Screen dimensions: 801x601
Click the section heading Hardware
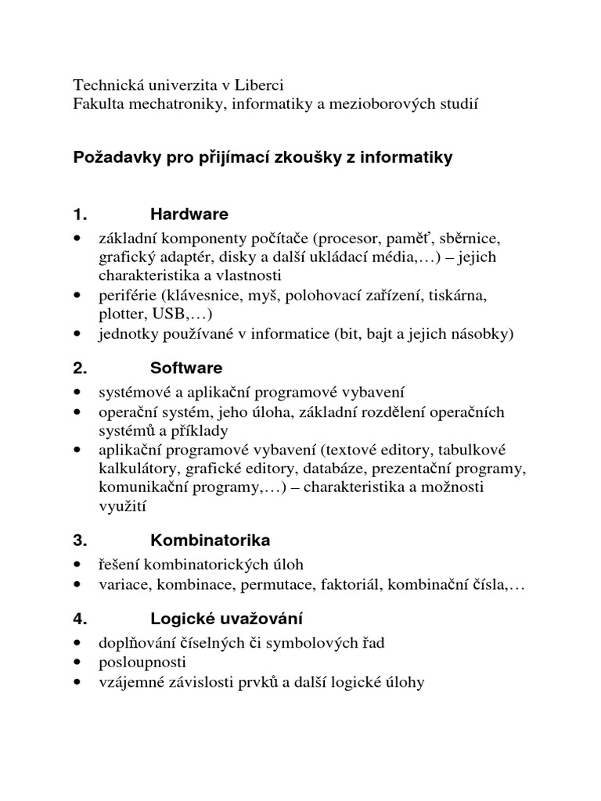[x=189, y=214]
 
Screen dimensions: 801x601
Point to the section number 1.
[x=78, y=214]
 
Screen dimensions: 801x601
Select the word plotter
[x=119, y=314]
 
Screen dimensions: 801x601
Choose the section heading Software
[x=186, y=368]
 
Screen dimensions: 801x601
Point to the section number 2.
[x=78, y=368]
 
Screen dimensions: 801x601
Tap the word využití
[x=121, y=506]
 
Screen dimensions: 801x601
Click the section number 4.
[x=78, y=619]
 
